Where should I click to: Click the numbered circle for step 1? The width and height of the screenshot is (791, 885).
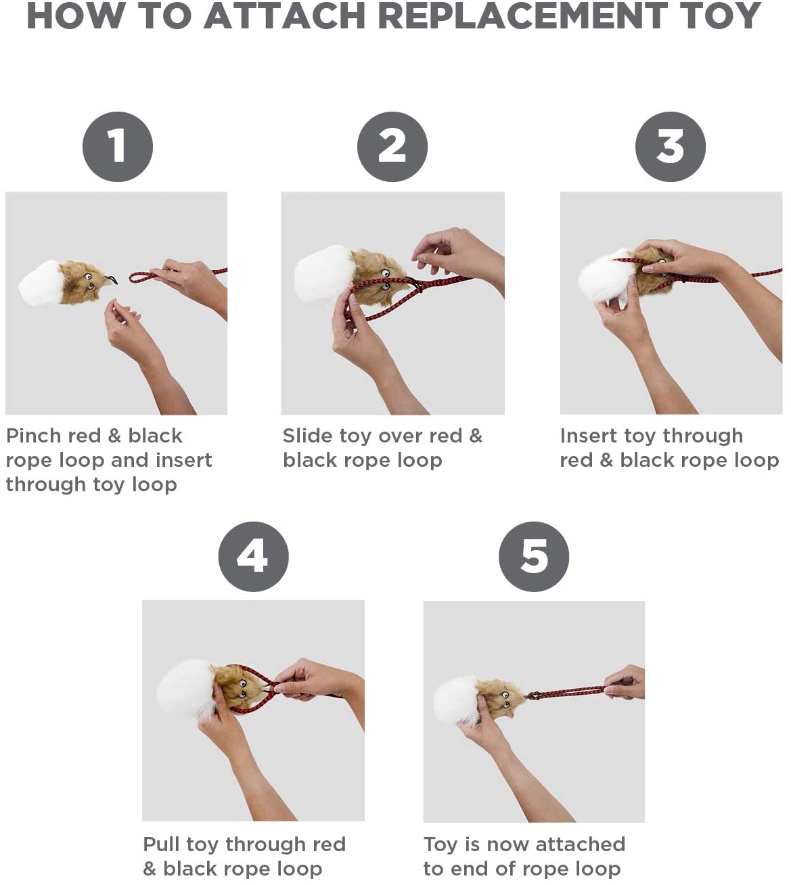click(x=118, y=147)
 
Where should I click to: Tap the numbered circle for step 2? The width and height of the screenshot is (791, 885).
click(x=392, y=147)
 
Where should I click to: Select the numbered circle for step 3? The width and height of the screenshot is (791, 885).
click(x=671, y=147)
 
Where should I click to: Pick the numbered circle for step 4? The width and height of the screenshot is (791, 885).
click(x=253, y=557)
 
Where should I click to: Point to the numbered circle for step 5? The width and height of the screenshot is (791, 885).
click(x=534, y=557)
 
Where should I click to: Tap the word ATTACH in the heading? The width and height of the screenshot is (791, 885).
click(x=284, y=16)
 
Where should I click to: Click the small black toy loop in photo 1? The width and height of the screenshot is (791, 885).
click(x=112, y=279)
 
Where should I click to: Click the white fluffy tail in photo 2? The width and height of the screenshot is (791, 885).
click(x=323, y=274)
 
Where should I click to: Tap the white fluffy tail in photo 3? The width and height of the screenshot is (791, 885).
click(x=607, y=277)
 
